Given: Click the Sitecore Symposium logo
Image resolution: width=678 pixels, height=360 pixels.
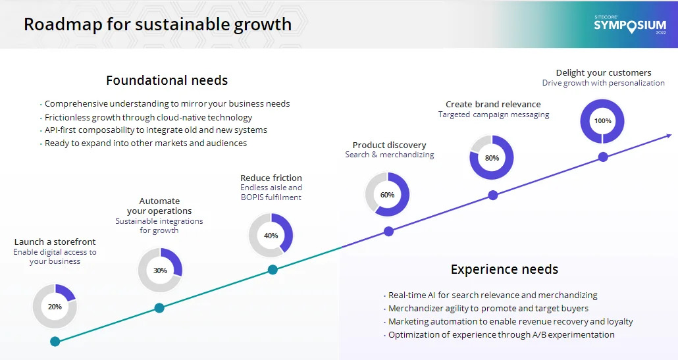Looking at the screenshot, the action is [x=630, y=25].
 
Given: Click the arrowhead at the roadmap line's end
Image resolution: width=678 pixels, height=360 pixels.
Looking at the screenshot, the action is [x=669, y=136].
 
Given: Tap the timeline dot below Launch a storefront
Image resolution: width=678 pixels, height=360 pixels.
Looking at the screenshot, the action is [x=55, y=342].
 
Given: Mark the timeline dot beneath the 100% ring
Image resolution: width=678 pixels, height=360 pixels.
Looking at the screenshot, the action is [x=603, y=157].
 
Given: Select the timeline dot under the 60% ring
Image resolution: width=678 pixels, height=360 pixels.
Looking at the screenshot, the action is [x=389, y=231].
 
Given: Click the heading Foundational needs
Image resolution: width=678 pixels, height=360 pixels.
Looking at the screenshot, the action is [x=167, y=80].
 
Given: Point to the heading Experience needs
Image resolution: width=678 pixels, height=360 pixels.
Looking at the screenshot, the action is [x=505, y=269].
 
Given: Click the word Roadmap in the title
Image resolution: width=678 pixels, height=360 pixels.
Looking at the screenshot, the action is [x=63, y=24].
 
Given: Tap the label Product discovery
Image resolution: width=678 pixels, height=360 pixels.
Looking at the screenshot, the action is [x=389, y=145].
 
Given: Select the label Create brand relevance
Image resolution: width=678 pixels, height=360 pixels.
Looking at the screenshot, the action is [x=494, y=104].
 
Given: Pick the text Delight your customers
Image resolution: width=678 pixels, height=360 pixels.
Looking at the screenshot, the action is [x=604, y=72].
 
